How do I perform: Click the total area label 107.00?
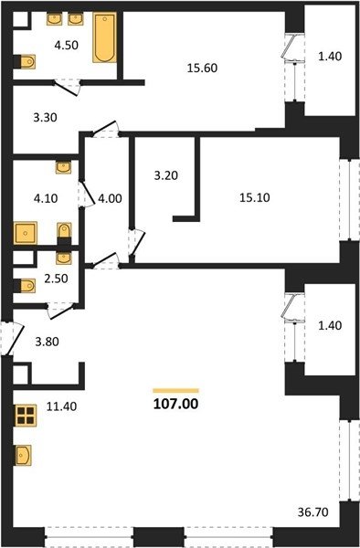pos(175,404)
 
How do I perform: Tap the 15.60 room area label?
pos(202,68)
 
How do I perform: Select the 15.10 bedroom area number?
pos(254,198)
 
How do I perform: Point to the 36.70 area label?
pos(312,512)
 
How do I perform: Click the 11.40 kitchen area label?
pos(61,406)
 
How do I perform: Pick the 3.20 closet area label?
pos(166,175)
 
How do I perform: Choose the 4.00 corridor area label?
pos(110,198)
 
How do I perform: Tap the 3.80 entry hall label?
pos(48,342)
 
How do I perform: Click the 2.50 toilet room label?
pos(56,279)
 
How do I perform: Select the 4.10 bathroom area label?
pos(46,198)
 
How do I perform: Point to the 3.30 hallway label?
pos(45,118)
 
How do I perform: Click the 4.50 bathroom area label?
pos(66,45)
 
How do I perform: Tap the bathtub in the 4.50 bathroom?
pos(104,37)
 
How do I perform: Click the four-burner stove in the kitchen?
pos(26,416)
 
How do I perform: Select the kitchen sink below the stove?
pos(23,456)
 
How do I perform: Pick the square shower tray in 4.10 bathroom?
pos(26,233)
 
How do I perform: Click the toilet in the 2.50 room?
pos(25,286)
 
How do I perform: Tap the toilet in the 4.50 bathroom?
pos(25,62)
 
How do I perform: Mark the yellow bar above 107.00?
pos(175,391)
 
